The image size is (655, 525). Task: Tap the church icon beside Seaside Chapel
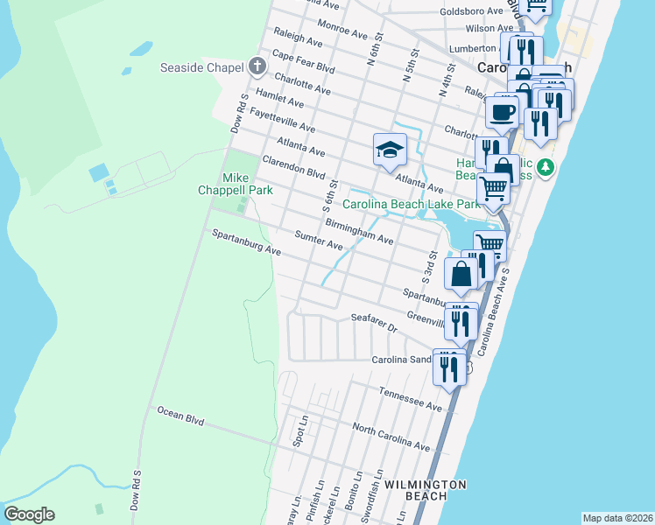(x=257, y=66)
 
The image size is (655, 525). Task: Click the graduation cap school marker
(x=390, y=150)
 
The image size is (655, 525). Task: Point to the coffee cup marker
(x=502, y=113)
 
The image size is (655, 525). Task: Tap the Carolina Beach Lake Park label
(x=411, y=205)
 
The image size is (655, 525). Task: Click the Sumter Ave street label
(x=319, y=240)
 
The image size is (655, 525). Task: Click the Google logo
(x=29, y=514)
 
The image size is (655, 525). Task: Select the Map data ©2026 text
(x=617, y=518)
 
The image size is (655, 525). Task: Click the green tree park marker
(x=546, y=166)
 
